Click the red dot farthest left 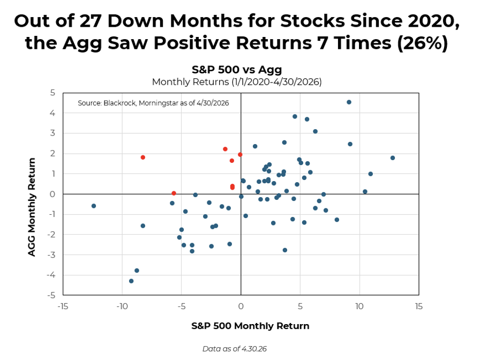tap(142, 157)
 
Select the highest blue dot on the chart tap(349, 102)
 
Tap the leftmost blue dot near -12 tap(94, 206)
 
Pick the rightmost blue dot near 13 tap(393, 158)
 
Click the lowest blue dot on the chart tap(131, 281)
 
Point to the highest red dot tap(226, 149)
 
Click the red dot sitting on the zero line tap(174, 193)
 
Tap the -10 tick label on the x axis tap(122, 306)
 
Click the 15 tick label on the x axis tap(419, 306)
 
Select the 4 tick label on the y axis tap(52, 113)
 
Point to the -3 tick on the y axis tap(51, 254)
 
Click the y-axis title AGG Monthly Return tap(32, 207)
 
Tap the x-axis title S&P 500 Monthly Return tap(250, 326)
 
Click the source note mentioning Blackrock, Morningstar tap(153, 103)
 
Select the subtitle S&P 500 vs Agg tap(237, 70)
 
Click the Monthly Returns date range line tap(237, 82)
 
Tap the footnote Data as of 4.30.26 tap(235, 349)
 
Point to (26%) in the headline tap(423, 42)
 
